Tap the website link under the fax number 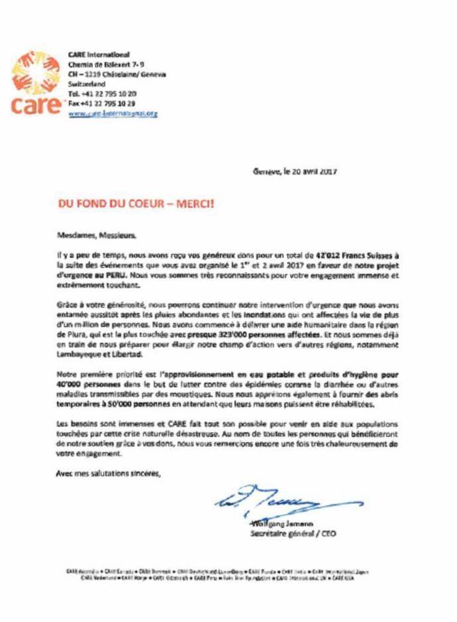point(113,113)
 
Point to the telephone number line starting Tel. point(103,94)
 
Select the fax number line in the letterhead point(102,103)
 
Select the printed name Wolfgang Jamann point(274,525)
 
